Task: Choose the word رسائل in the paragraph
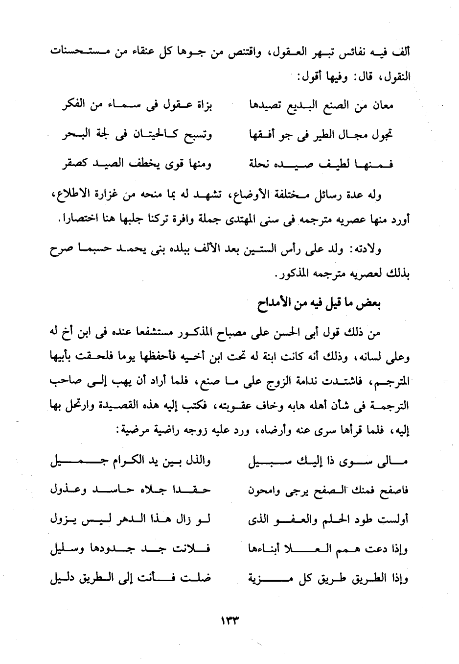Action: point(315,196)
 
